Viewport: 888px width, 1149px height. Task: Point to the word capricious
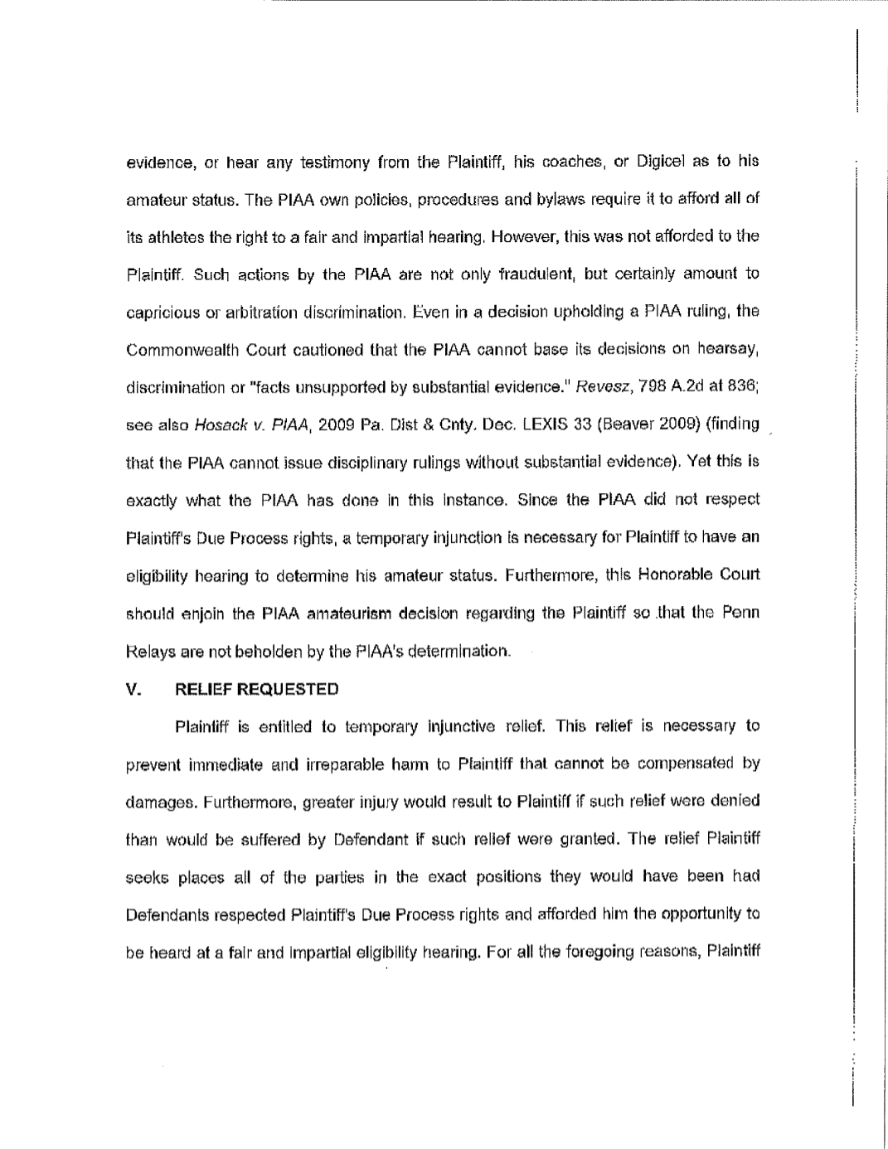coord(160,313)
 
